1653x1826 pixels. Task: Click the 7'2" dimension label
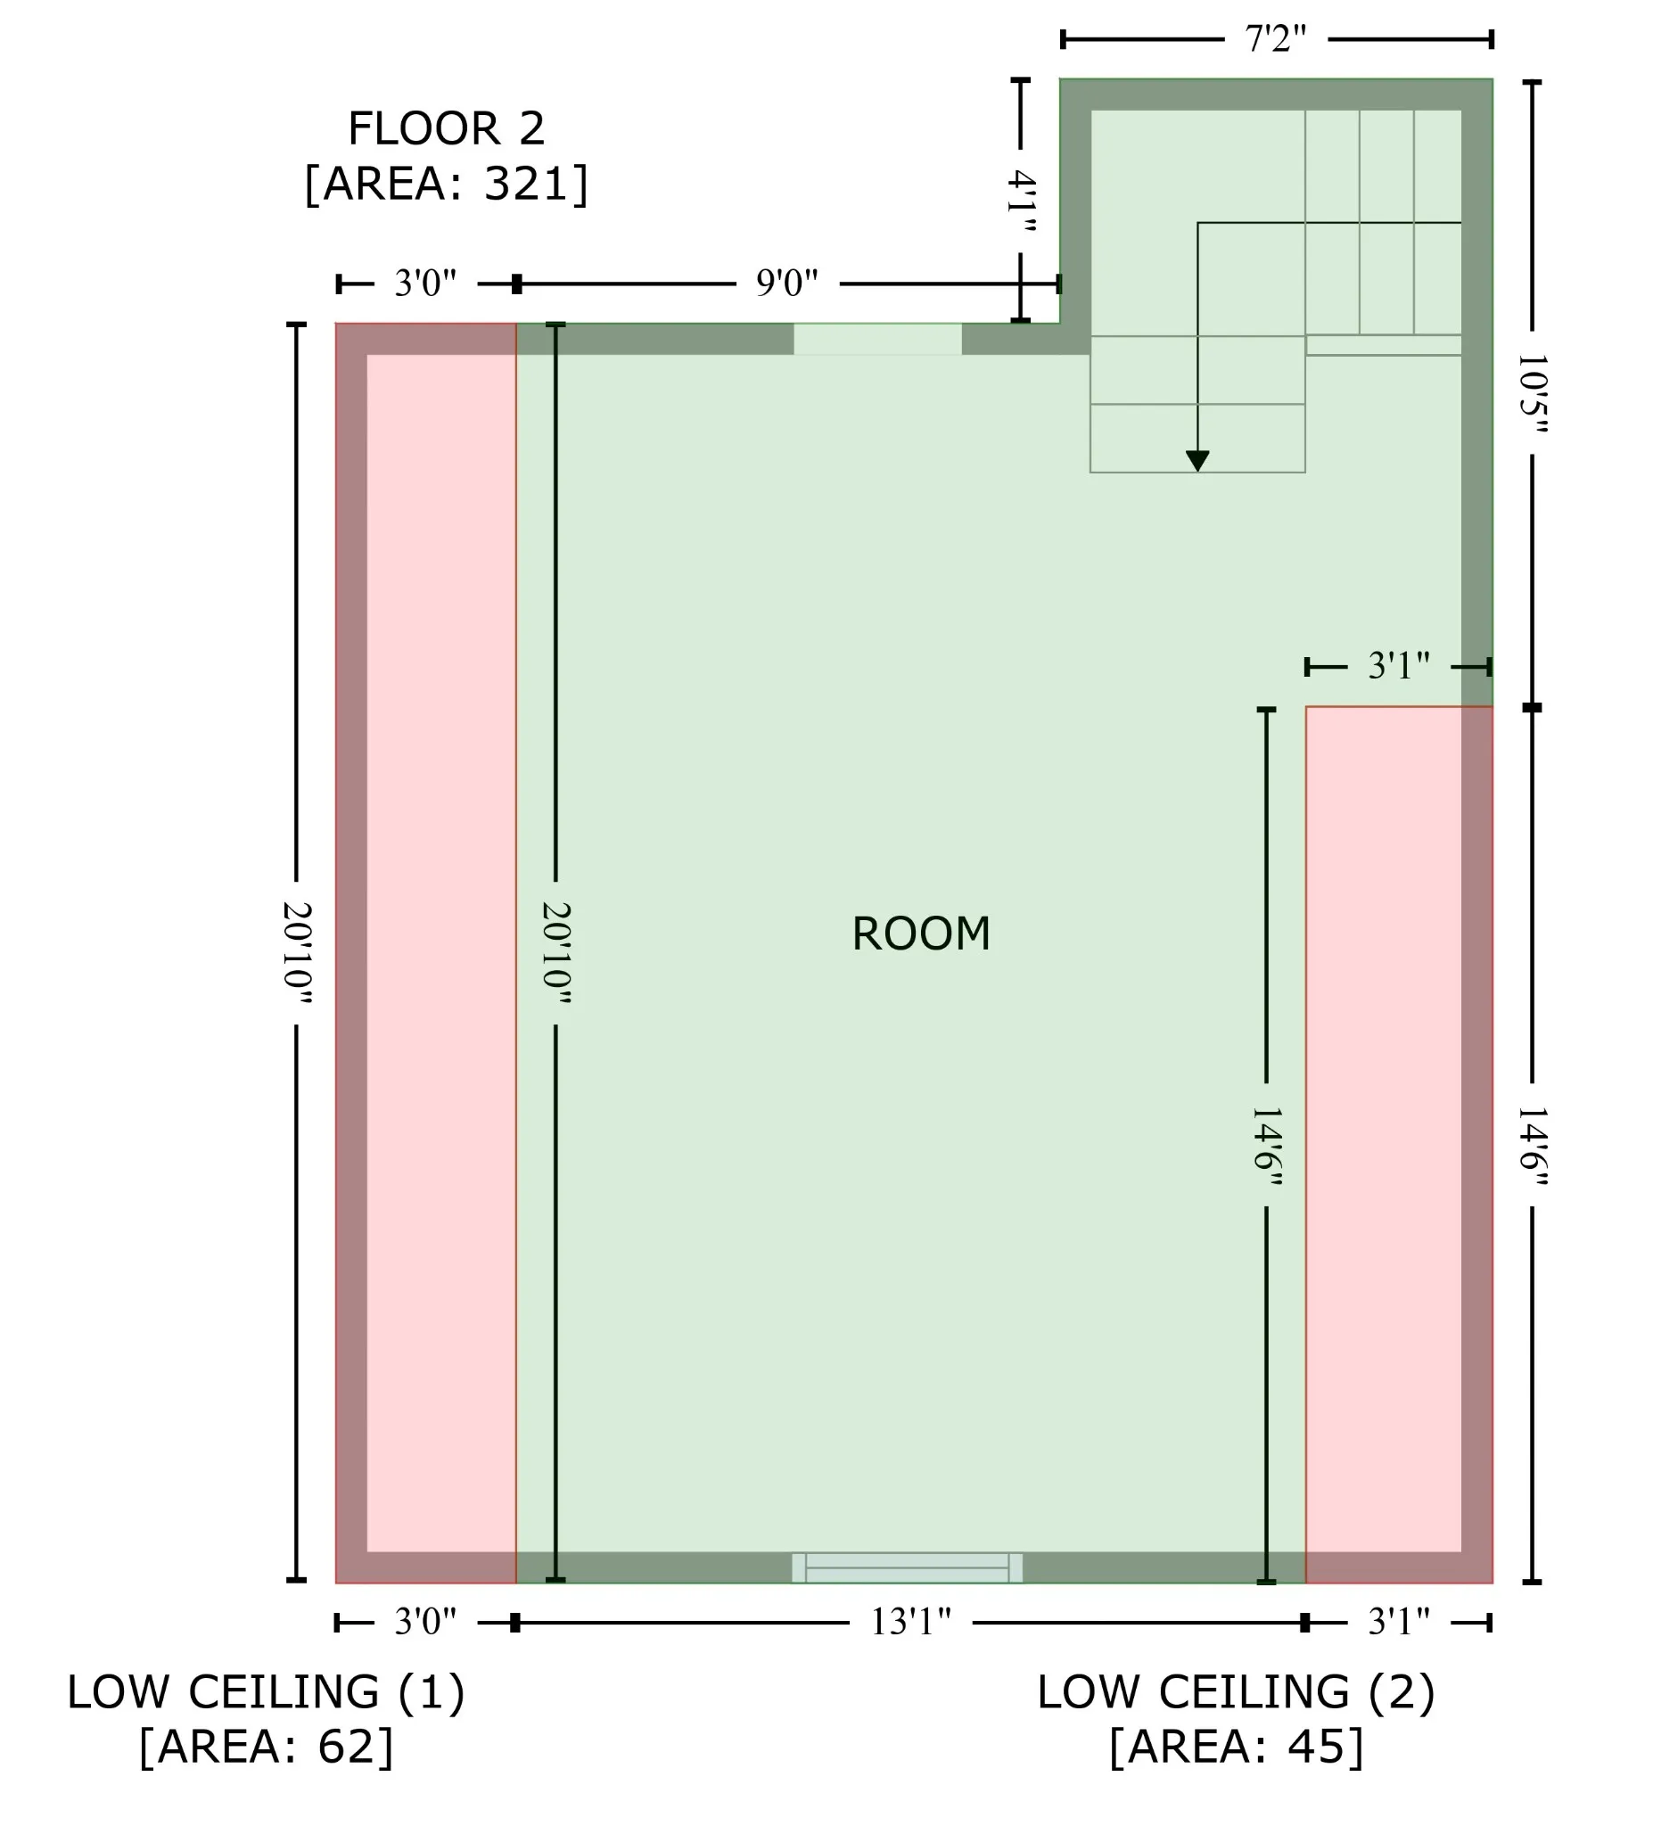(1275, 39)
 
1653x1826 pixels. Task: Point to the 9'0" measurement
(787, 284)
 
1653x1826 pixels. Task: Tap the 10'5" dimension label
(1533, 393)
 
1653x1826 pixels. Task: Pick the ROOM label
(921, 934)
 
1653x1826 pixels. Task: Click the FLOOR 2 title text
(447, 128)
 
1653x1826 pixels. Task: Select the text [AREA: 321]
(447, 184)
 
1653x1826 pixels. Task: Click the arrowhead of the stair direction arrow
(1197, 461)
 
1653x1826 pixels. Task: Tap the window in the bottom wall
(908, 1567)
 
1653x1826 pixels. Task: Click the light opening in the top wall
(877, 339)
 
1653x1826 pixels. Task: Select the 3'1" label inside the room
(1399, 667)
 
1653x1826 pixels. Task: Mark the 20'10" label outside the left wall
(297, 953)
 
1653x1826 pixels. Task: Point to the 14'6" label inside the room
(1266, 1146)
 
